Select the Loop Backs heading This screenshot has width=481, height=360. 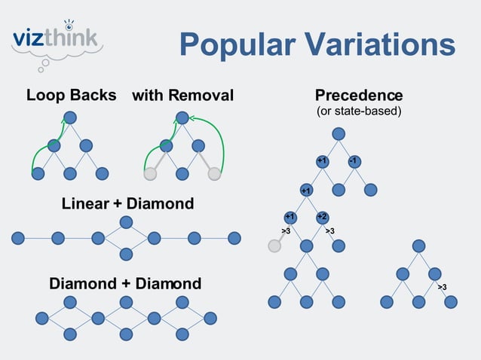[71, 96]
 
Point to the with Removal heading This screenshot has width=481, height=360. [182, 96]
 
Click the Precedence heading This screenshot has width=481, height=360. [358, 96]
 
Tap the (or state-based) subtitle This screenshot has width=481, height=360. [358, 111]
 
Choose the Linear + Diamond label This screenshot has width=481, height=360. [127, 203]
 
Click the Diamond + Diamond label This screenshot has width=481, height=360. [125, 284]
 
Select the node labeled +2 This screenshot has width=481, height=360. [322, 217]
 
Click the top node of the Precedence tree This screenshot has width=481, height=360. [339, 133]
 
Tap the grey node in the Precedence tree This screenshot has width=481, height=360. [274, 246]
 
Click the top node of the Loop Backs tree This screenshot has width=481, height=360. [70, 117]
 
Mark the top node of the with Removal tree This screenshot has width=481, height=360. [181, 117]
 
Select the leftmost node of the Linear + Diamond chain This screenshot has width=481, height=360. [18, 238]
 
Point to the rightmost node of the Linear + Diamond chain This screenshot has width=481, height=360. [234, 238]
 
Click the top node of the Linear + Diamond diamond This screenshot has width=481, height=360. [126, 222]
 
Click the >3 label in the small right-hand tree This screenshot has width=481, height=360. [443, 287]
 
